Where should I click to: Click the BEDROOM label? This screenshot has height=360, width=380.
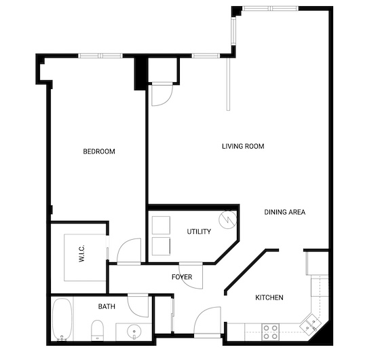[x=99, y=151]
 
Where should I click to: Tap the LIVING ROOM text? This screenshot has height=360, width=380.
[x=243, y=146]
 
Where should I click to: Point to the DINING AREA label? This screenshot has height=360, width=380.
[x=285, y=212]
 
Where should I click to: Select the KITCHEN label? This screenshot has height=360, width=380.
[x=269, y=298]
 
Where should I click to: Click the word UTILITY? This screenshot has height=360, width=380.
[x=199, y=232]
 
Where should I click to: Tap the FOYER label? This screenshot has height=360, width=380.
[x=182, y=277]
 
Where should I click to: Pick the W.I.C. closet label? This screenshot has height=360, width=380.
[x=81, y=253]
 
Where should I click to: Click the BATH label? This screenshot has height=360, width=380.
[x=107, y=306]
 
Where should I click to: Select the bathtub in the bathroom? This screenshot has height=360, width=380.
[x=62, y=319]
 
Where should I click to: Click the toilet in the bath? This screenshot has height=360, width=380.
[x=98, y=330]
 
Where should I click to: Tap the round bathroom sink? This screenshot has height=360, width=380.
[x=134, y=331]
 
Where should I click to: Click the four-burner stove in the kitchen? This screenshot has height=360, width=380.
[x=271, y=332]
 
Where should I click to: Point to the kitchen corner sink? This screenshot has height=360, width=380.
[x=310, y=323]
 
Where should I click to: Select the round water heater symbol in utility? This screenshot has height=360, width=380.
[x=228, y=219]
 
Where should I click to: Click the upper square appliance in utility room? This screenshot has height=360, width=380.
[x=161, y=225]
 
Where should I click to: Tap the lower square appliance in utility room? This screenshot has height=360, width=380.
[x=161, y=246]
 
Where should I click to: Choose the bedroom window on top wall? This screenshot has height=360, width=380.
[x=100, y=56]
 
